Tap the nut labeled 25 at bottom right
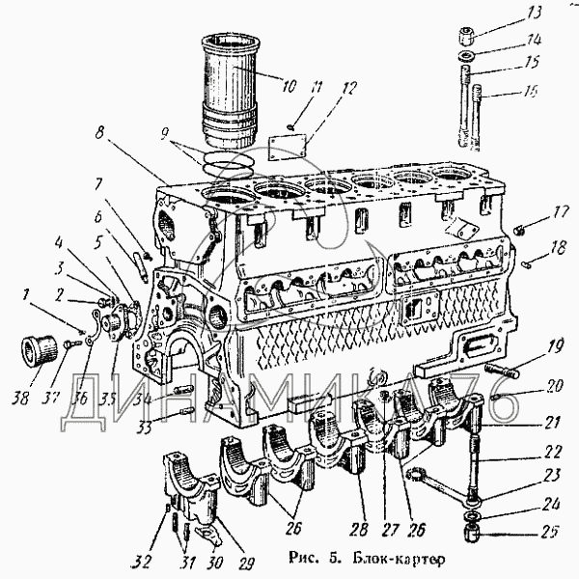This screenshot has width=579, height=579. point(473,532)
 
